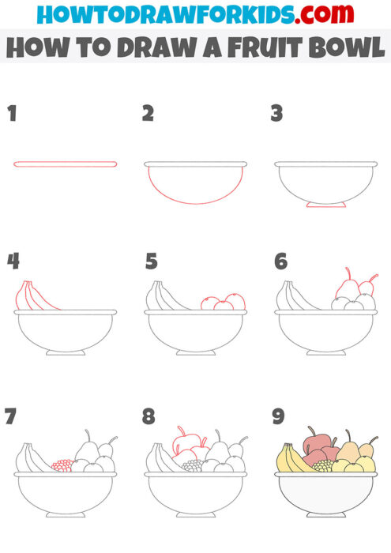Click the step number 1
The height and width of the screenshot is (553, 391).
point(12,114)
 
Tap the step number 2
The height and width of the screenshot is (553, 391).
point(148,114)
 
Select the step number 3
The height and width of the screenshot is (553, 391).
point(276,114)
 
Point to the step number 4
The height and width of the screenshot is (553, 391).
point(13,261)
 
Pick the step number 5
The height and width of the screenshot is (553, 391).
point(151,261)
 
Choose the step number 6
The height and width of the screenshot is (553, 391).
point(280,261)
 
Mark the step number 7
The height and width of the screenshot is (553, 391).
point(12,416)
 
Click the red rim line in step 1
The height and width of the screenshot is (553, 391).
point(65,164)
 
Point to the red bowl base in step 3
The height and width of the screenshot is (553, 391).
point(325,205)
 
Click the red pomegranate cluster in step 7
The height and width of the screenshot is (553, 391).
point(62,465)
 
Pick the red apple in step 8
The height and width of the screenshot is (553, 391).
point(188,443)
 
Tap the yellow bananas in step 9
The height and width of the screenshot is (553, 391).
point(293,459)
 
